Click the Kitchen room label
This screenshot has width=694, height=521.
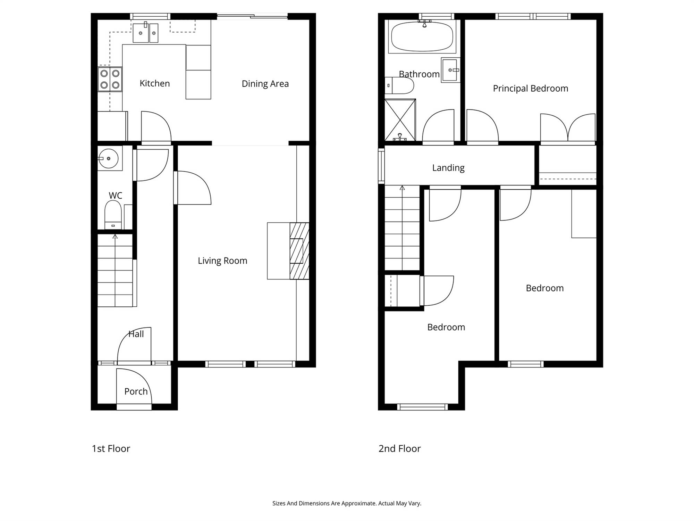[155, 83]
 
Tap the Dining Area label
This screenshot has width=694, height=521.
[265, 84]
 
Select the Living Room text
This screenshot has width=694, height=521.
[222, 261]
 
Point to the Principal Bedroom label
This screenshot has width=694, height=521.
[531, 89]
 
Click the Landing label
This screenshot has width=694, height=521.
[448, 168]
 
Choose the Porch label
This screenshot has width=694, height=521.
[136, 391]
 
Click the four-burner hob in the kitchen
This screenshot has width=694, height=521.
[110, 79]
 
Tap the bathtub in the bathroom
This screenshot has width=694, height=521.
[422, 36]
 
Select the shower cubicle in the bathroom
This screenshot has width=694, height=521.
[400, 120]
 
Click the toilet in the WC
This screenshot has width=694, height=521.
[113, 215]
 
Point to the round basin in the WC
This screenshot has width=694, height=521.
[109, 158]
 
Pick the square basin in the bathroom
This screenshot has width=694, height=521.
[450, 70]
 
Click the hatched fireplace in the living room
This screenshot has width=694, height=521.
[299, 251]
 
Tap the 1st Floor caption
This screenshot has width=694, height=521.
[111, 449]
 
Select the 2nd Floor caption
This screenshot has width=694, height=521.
[400, 449]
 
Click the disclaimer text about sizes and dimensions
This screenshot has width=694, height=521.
[347, 503]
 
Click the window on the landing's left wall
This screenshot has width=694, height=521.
[381, 166]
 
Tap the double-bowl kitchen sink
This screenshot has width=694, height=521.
[145, 33]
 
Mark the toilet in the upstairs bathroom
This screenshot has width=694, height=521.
[399, 85]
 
